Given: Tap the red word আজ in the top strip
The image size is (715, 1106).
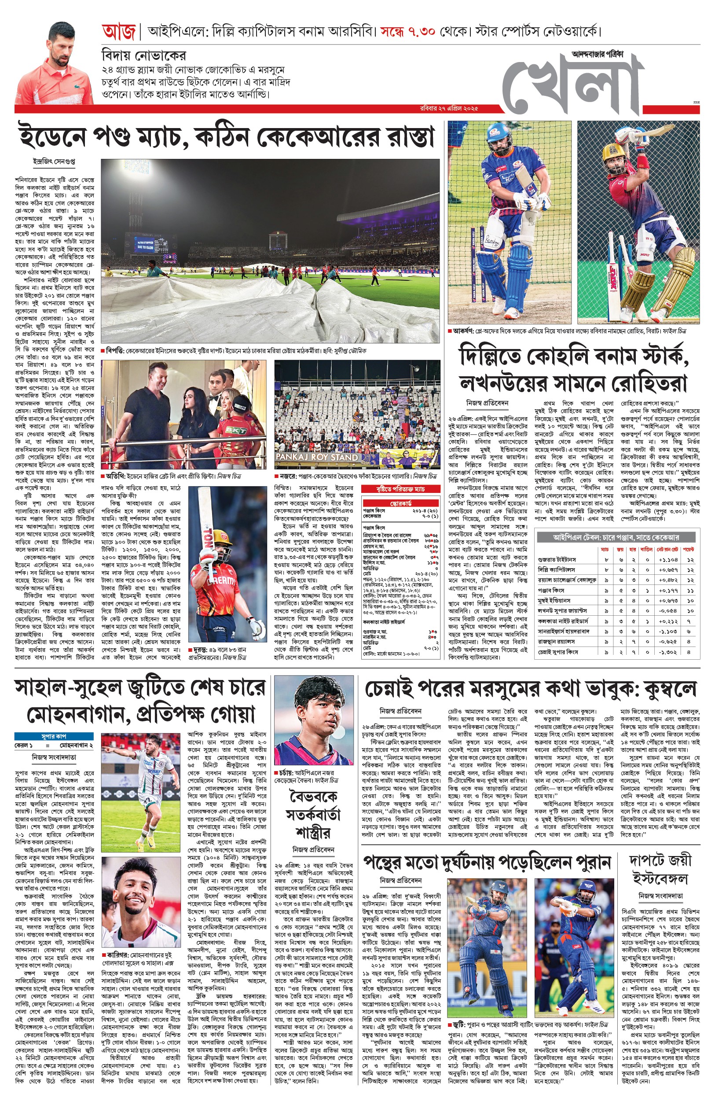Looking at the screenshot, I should coord(119,32).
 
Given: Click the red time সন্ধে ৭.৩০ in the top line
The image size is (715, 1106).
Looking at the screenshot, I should coord(407,32).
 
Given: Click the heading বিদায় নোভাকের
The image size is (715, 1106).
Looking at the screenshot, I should coord(144,56).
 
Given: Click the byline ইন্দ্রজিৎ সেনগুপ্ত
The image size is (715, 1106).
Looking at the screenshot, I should coord(54,162).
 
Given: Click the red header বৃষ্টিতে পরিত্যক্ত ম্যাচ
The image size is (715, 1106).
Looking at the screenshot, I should coord(401,489).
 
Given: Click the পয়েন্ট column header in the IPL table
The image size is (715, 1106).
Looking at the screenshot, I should coord(689,549).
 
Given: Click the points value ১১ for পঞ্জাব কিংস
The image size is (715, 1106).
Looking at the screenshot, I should coord(690,591).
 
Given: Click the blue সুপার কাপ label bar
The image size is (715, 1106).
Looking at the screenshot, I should coord(54,736).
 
